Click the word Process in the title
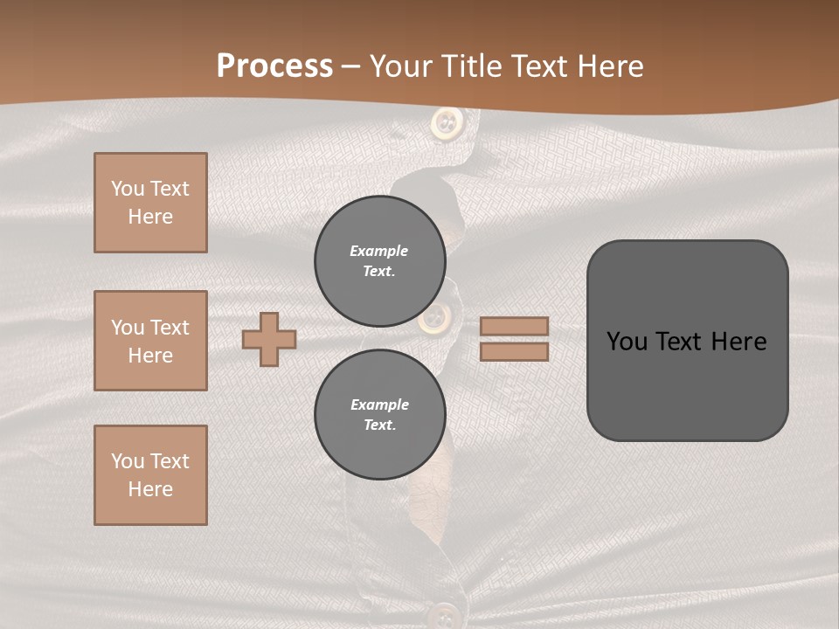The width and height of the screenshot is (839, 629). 274,66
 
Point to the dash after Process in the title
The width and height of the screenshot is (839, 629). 351,66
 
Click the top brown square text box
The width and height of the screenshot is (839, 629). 150,203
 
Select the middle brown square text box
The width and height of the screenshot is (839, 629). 150,341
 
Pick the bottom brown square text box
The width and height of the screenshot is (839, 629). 150,475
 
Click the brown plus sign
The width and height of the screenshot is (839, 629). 269,339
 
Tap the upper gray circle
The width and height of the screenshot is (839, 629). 380,260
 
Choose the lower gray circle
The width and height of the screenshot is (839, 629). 380,414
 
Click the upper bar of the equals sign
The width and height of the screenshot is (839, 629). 515,326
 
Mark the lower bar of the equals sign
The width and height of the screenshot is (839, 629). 515,351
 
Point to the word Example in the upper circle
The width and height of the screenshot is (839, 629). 379,251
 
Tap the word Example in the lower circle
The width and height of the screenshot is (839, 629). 379,404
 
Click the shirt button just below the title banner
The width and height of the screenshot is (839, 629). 447,123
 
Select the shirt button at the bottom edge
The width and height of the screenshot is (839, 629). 447,613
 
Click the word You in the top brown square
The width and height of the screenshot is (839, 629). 128,189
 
